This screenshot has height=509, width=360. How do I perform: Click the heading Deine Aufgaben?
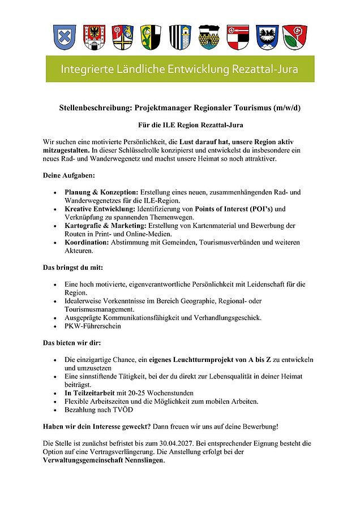(x=69, y=175)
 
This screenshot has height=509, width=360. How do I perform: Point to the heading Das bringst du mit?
(x=72, y=267)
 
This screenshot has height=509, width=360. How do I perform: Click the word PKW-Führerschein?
(x=93, y=326)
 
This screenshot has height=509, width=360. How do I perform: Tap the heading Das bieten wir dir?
(x=71, y=343)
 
